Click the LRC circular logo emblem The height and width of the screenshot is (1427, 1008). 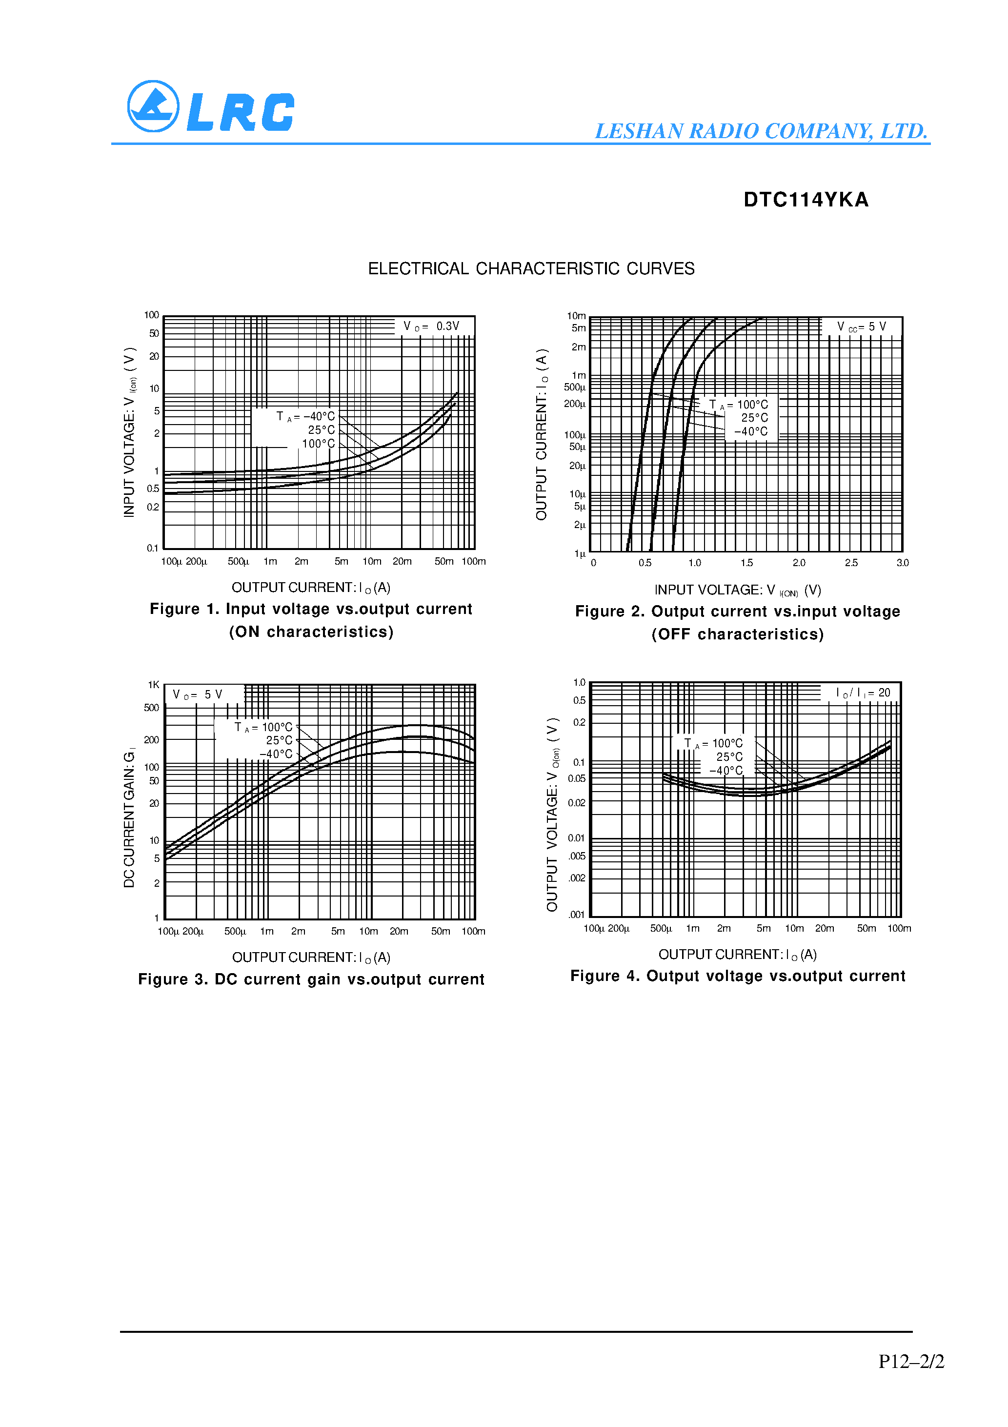153,106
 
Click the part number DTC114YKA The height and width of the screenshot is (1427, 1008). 806,200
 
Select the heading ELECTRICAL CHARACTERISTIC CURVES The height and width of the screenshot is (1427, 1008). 531,268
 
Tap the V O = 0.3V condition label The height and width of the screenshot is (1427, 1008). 431,326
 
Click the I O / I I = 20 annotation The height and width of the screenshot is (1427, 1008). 863,693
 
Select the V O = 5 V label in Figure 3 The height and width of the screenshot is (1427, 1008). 198,695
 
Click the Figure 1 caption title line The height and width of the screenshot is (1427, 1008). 311,609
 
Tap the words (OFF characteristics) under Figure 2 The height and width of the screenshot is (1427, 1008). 738,634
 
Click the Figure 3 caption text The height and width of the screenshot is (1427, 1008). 311,979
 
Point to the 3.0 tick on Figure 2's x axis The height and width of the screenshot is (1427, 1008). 902,563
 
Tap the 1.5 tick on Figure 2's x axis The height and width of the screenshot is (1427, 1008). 746,563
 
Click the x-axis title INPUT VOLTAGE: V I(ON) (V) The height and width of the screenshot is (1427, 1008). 738,591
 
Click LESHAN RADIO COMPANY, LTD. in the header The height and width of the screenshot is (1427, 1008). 761,131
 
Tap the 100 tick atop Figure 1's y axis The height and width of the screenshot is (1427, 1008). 152,315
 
